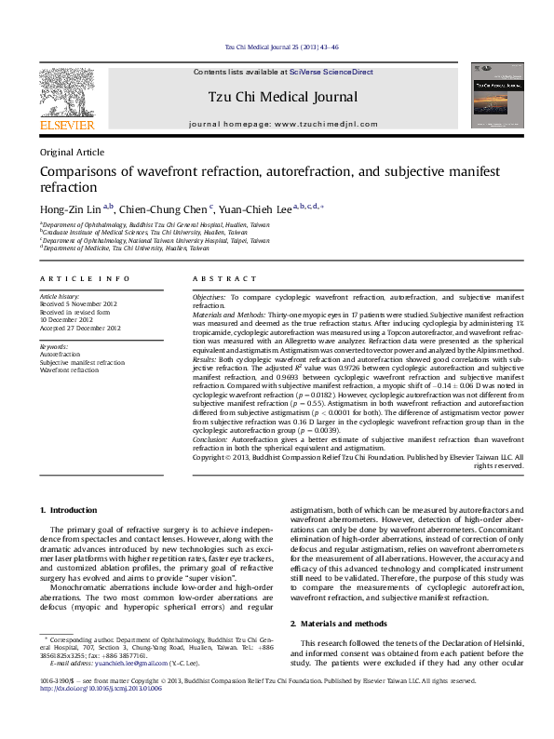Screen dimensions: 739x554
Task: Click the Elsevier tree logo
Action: (x=66, y=94)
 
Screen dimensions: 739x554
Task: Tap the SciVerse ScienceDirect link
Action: (x=331, y=72)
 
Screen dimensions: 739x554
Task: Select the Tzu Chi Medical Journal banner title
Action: (x=282, y=97)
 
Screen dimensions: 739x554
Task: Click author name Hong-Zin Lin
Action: (x=71, y=208)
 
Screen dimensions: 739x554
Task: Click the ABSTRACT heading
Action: (x=224, y=278)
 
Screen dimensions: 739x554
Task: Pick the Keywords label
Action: (x=53, y=346)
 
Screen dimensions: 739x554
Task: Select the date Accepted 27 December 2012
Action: (x=80, y=328)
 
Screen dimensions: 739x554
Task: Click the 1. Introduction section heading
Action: (x=72, y=509)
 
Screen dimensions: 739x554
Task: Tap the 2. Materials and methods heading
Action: (x=342, y=622)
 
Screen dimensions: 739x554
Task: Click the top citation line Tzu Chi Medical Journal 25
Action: (x=282, y=47)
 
